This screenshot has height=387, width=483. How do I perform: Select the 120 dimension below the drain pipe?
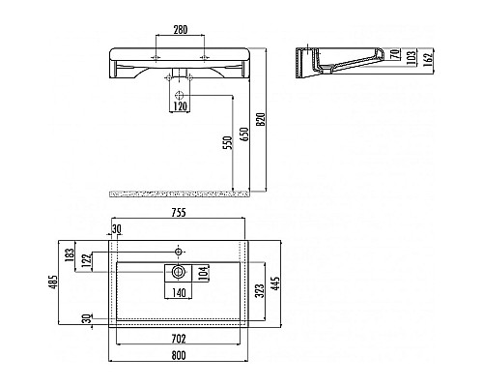click(x=180, y=106)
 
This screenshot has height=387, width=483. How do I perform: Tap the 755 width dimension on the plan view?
click(x=179, y=215)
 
